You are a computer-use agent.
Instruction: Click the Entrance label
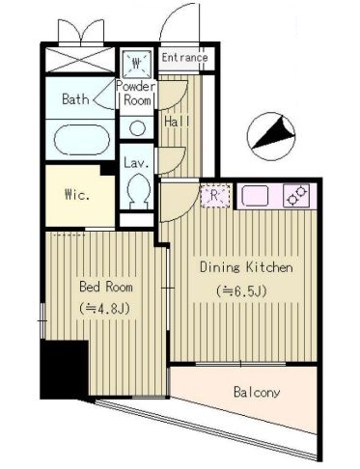coord(184,58)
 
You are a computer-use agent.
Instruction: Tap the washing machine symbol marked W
coord(137,63)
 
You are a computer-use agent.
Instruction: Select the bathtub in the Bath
coord(82,140)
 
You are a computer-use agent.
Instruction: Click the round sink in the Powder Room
coord(137,128)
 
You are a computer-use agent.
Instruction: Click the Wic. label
coord(77,195)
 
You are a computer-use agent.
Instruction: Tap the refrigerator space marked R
coord(215,195)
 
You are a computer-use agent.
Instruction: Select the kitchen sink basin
coord(255,196)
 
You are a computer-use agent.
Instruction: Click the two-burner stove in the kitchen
coord(296,195)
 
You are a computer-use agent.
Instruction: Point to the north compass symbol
coord(271,136)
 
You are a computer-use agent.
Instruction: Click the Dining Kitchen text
coord(246,267)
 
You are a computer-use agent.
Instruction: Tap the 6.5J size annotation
coord(241,291)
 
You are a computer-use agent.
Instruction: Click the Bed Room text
coord(106,287)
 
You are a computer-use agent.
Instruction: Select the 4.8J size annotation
coord(104,309)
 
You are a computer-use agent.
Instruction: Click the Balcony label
coord(257,393)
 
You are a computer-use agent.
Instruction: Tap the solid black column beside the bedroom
coord(65,370)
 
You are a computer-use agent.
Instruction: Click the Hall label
coord(177,122)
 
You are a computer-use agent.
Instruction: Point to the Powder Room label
coord(136,94)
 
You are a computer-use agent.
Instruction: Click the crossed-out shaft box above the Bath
coord(80,60)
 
